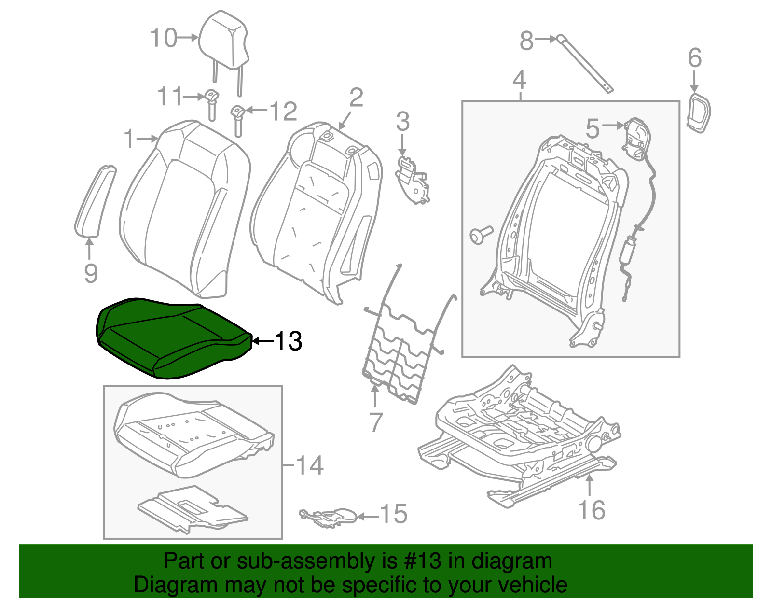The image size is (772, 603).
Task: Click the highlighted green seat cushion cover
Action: point(169,338)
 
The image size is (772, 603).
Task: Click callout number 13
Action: point(288,341)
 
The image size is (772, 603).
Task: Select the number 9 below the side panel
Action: point(91,273)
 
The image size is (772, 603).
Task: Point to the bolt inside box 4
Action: point(481,235)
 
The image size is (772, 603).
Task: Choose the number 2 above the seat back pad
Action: point(356,98)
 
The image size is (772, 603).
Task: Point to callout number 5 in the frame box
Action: point(593,129)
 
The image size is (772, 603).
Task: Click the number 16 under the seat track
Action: point(592,510)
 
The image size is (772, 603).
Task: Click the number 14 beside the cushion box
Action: point(309,465)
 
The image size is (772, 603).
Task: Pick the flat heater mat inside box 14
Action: point(193,509)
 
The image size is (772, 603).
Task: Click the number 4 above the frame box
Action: point(519,80)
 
